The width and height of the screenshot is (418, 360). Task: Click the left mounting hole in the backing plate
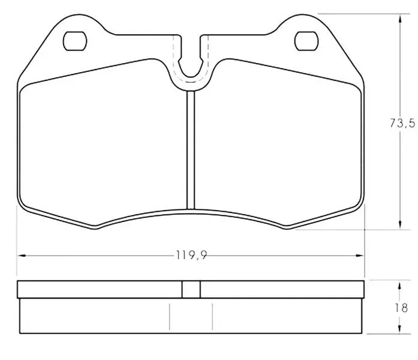(x=75, y=41)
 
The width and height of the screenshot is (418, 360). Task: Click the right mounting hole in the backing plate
(x=306, y=41)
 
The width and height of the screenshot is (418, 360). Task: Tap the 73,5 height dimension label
(x=402, y=123)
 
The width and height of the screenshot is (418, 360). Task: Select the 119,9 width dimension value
(x=191, y=255)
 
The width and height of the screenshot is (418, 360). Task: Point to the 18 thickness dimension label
(x=401, y=308)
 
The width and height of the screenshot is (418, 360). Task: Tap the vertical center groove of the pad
(x=191, y=150)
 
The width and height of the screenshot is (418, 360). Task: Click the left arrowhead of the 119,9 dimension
(x=22, y=256)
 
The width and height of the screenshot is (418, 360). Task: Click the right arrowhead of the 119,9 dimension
(x=360, y=256)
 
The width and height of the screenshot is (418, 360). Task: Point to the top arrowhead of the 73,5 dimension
(x=400, y=19)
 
